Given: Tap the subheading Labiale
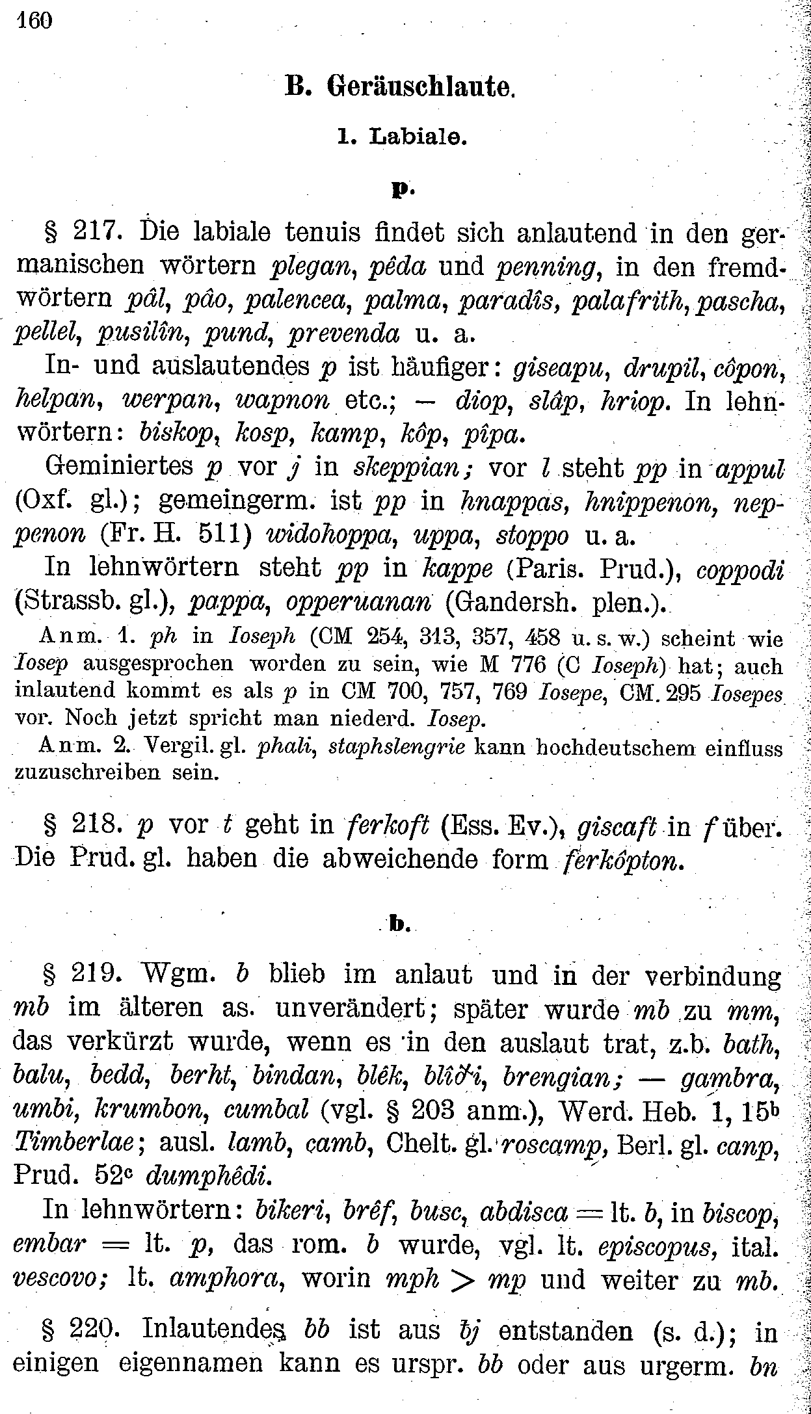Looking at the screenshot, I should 419,137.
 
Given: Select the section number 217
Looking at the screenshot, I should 97,233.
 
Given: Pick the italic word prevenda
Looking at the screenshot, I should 344,334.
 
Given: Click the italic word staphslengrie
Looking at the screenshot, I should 397,747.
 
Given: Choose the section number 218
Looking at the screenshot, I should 97,826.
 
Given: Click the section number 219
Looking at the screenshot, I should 97,975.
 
